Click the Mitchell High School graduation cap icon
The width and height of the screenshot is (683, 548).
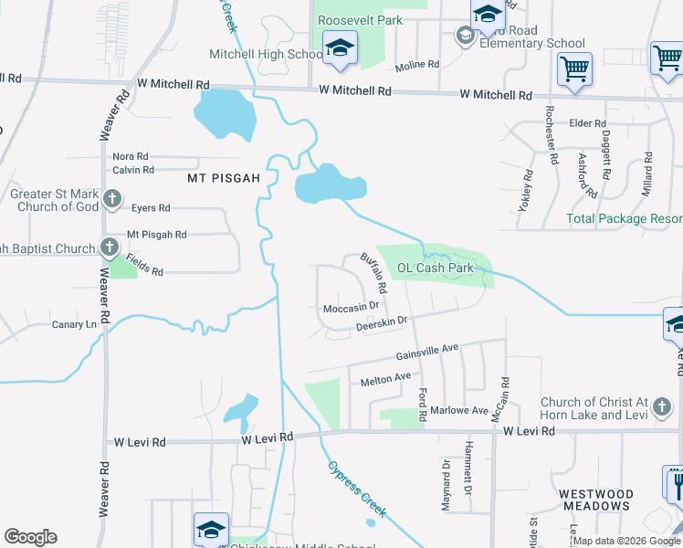tap(340, 51)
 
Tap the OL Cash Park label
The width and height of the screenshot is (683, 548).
tap(436, 269)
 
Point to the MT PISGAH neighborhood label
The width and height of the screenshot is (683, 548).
tap(224, 177)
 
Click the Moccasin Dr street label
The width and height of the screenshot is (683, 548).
tap(351, 309)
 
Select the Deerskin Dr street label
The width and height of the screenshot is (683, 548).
tap(381, 321)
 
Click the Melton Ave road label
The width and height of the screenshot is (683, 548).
tap(385, 378)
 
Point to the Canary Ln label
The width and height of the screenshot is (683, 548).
tap(74, 324)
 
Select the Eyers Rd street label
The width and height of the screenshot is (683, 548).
tap(151, 208)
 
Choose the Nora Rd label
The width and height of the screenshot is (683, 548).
tap(131, 157)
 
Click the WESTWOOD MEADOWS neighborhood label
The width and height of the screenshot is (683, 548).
tap(594, 500)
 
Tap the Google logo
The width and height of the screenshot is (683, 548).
tap(30, 537)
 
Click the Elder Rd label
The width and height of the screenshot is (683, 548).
tap(587, 123)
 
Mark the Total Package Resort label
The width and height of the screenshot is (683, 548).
tap(624, 219)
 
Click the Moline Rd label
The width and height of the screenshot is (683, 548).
tap(417, 66)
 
